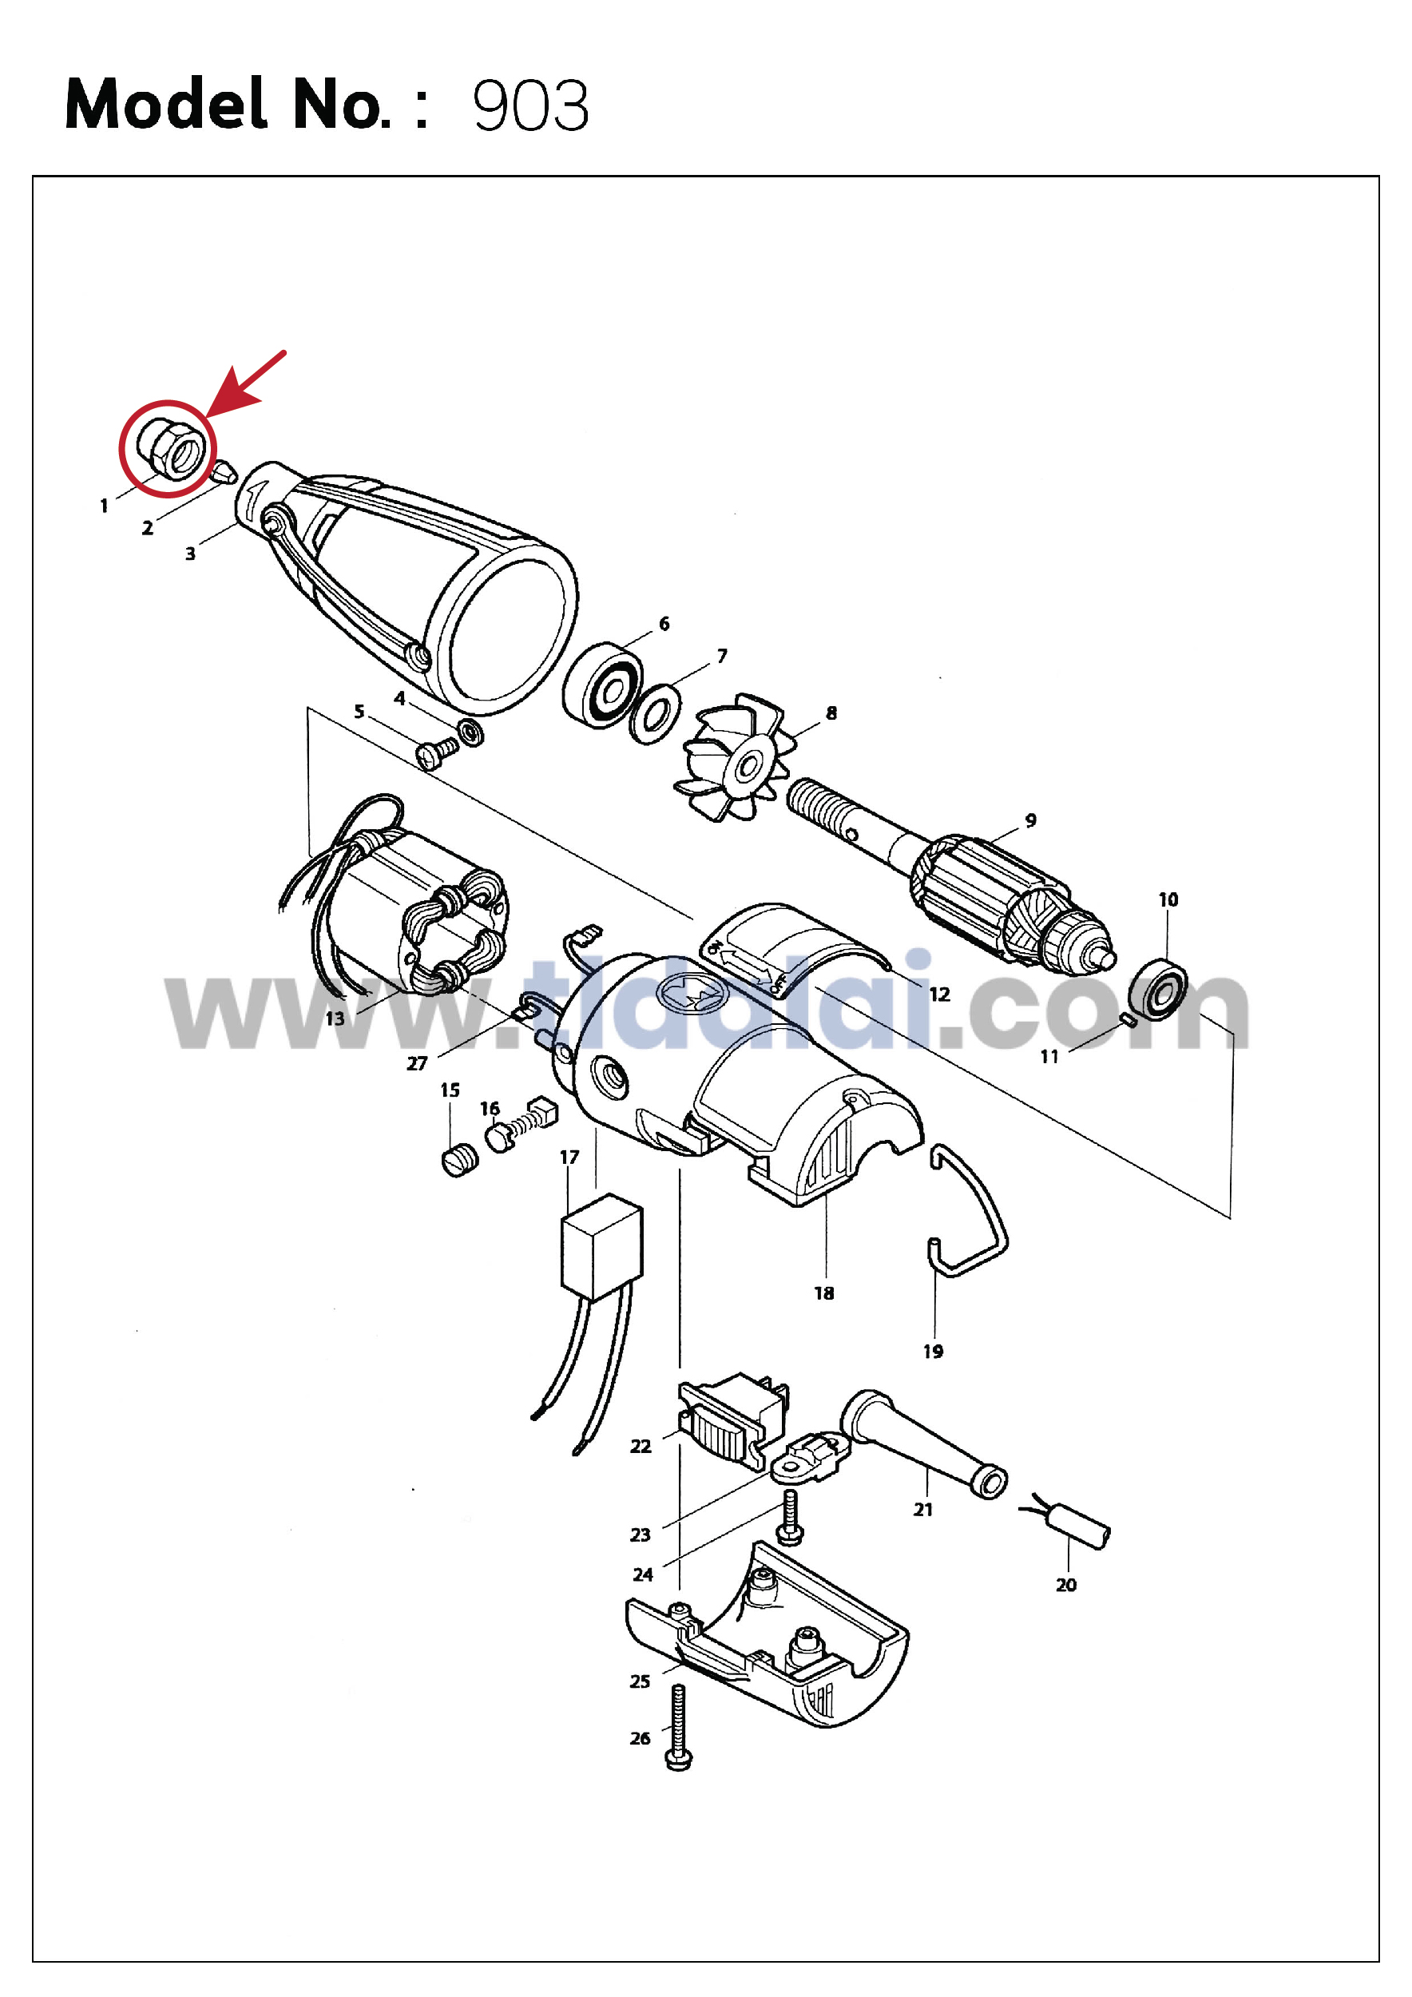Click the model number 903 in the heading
pyautogui.click(x=530, y=106)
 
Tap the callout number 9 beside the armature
pyautogui.click(x=1030, y=820)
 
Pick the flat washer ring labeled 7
pyautogui.click(x=655, y=713)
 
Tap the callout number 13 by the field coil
pyautogui.click(x=335, y=1018)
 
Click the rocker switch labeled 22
pyautogui.click(x=733, y=1420)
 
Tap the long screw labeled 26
pyautogui.click(x=678, y=1726)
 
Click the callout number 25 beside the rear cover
pyautogui.click(x=640, y=1681)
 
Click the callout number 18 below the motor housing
pyautogui.click(x=824, y=1293)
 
